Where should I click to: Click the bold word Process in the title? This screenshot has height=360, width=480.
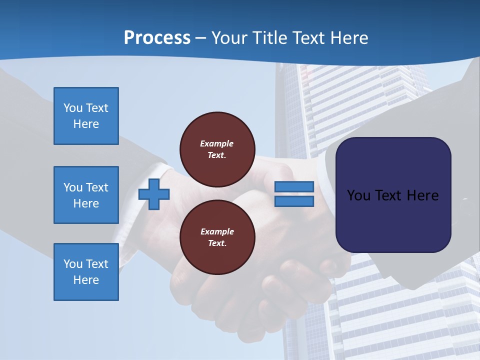point(157,37)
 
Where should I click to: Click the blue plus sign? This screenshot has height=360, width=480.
point(154,194)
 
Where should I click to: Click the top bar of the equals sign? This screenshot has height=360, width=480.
point(294,186)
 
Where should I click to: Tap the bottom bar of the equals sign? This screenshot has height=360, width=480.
point(294,201)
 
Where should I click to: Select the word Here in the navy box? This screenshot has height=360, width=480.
point(422,195)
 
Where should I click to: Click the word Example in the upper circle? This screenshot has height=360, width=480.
point(217,143)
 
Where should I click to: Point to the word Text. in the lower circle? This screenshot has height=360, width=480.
point(217,243)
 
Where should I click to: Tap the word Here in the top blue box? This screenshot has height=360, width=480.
point(86,124)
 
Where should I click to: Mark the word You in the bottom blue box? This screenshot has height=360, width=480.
point(73,264)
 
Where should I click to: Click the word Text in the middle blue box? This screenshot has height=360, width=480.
point(97,187)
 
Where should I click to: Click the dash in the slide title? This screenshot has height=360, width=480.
point(200,38)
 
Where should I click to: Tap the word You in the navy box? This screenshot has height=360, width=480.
point(358,195)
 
